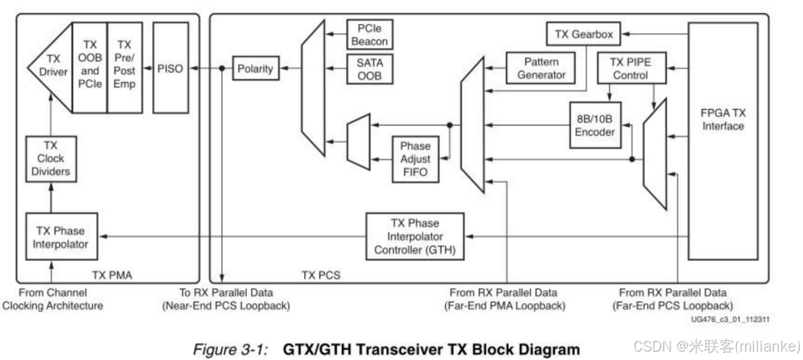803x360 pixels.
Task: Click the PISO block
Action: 170,68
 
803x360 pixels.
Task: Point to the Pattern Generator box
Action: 540,68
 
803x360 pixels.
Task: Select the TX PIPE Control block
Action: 630,68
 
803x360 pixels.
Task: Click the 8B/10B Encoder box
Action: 595,124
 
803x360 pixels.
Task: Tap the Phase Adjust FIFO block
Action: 415,159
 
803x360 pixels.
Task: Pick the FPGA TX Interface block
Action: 722,119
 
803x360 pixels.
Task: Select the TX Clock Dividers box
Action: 50,158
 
